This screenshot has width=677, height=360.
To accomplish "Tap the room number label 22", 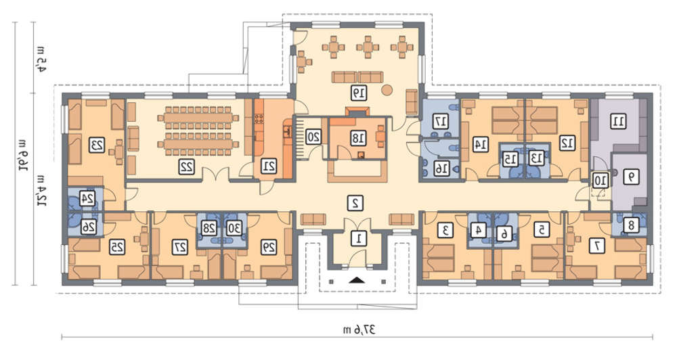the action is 187,167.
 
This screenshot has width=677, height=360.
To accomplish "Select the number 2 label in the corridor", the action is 356,203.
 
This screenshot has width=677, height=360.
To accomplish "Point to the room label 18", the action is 358,138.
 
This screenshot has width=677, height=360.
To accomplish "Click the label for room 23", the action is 97,145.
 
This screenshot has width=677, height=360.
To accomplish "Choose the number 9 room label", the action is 632,177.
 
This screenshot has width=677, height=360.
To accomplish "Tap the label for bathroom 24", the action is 87,198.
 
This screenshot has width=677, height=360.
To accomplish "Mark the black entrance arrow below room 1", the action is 357,280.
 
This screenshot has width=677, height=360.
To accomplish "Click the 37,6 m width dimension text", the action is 359,330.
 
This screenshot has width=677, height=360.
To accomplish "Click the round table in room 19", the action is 387,90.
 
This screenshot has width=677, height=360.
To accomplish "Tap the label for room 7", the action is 598,246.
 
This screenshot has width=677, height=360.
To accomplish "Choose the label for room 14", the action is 480,144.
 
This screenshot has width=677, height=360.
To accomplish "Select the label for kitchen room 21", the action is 269,166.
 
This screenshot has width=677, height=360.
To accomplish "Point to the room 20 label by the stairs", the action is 313,137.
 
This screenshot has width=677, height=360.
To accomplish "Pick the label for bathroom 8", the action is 632,225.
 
